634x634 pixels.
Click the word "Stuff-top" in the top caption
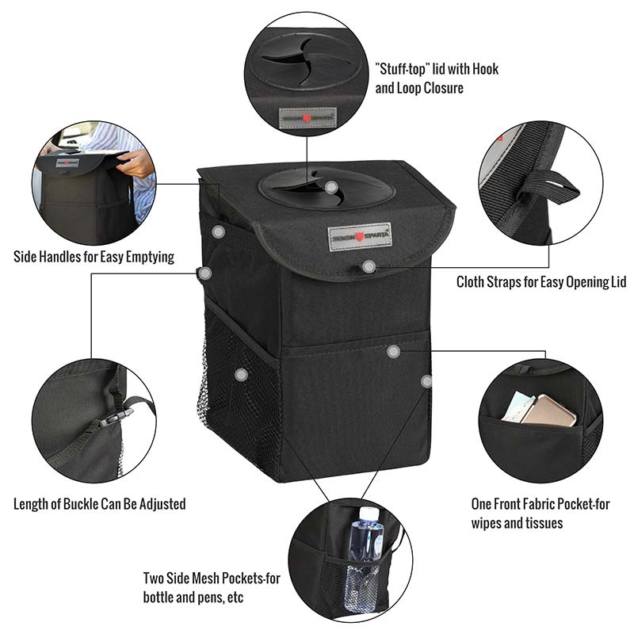pos(407,70)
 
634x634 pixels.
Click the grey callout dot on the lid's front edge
pos(369,266)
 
